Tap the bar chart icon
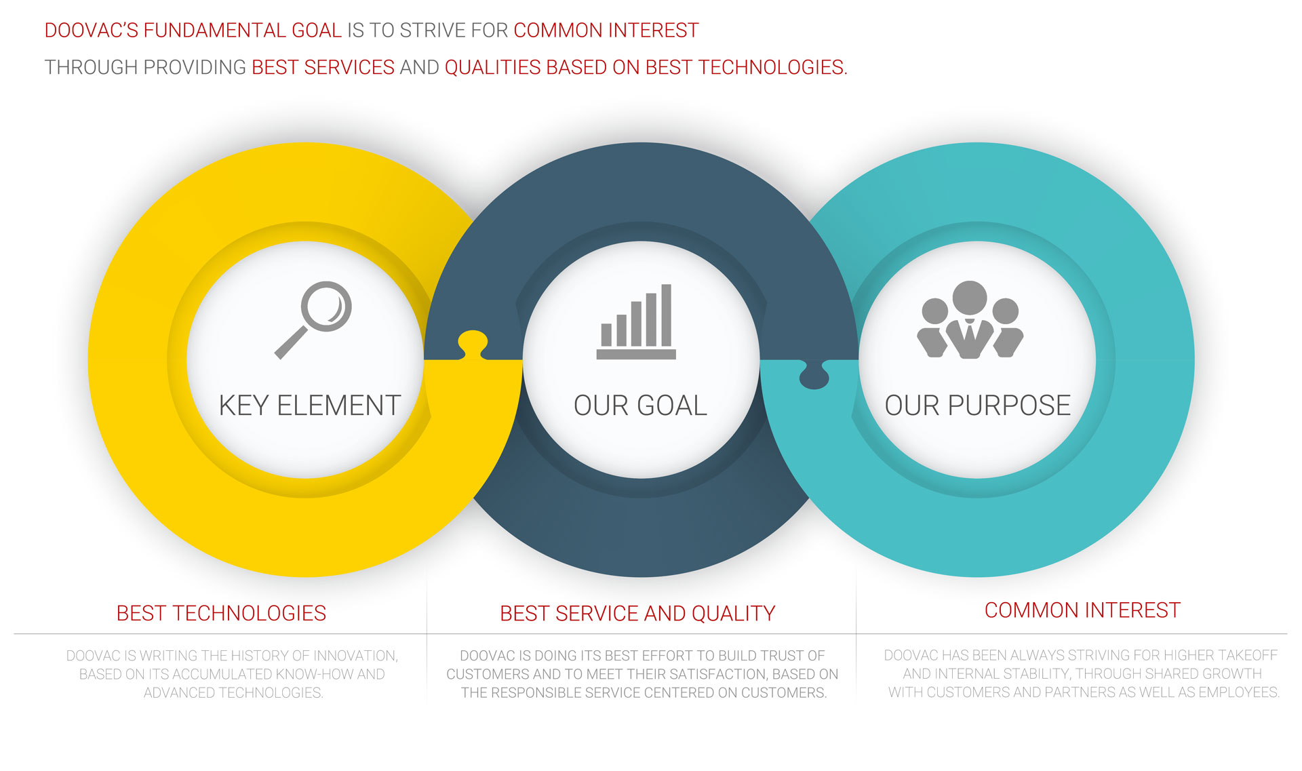click(x=636, y=321)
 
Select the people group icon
click(x=970, y=319)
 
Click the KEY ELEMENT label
click(x=310, y=406)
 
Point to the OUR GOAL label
click(x=640, y=406)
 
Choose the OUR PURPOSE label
click(x=977, y=406)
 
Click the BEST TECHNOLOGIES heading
click(x=221, y=613)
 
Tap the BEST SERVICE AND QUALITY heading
click(x=637, y=613)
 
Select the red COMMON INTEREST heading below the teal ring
click(x=1082, y=610)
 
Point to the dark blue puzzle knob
click(x=814, y=375)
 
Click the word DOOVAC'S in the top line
click(x=92, y=31)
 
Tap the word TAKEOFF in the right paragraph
click(x=1248, y=655)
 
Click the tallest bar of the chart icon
click(x=667, y=315)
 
